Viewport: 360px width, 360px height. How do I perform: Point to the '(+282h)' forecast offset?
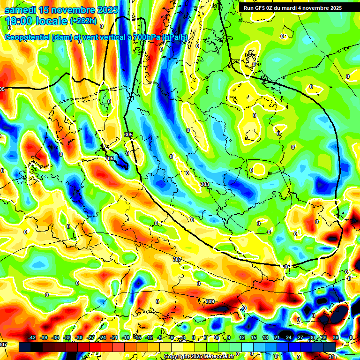click(x=83, y=21)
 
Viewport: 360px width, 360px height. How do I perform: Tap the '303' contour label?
click(x=205, y=184)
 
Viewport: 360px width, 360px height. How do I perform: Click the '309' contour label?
click(x=210, y=301)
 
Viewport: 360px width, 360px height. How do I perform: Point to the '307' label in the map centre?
click(x=177, y=259)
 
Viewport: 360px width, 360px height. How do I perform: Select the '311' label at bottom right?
click(x=333, y=357)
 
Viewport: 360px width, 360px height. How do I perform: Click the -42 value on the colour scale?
click(x=32, y=338)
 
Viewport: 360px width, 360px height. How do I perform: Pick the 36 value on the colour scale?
click(x=335, y=338)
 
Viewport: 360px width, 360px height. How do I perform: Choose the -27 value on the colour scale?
click(x=90, y=338)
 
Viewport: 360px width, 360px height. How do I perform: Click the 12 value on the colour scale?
click(x=241, y=338)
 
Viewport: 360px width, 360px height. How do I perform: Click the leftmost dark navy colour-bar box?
click(x=25, y=347)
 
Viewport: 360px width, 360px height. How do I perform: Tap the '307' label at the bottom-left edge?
click(x=3, y=345)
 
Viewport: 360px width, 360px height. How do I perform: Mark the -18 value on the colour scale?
click(x=126, y=338)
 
